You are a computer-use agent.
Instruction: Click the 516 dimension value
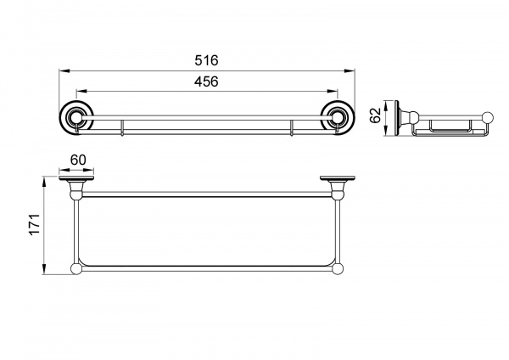click(x=206, y=60)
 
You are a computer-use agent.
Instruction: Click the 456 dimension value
click(x=206, y=82)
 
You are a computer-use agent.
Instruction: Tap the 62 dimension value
click(x=375, y=115)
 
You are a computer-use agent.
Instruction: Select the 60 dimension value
click(x=78, y=160)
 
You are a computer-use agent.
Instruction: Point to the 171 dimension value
click(x=35, y=224)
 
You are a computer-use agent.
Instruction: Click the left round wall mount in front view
click(x=76, y=118)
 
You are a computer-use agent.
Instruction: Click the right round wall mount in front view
click(x=338, y=118)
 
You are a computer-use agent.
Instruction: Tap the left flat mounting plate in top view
click(x=76, y=178)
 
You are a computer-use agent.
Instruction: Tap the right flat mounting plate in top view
click(x=338, y=178)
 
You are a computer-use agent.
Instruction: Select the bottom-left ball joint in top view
click(x=76, y=269)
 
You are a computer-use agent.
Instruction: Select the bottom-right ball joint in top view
click(x=338, y=269)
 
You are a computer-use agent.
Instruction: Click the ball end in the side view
click(x=488, y=118)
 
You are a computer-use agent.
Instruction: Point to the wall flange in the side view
click(x=397, y=118)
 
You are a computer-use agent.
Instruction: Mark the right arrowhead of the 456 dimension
click(x=333, y=92)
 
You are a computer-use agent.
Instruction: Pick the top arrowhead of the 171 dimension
click(x=44, y=182)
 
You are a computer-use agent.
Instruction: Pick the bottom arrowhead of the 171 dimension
click(x=44, y=269)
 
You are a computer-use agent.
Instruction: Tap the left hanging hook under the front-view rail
click(x=122, y=127)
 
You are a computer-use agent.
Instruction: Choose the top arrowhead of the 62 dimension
click(x=387, y=105)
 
